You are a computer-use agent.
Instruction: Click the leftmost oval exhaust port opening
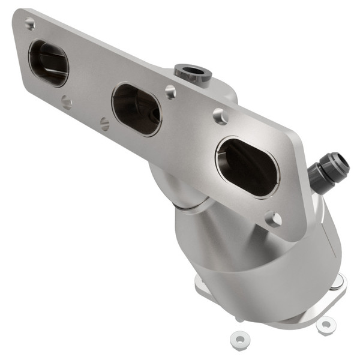coord(49,63)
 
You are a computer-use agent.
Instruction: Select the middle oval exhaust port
coord(137,109)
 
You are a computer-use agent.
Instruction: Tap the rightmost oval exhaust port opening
coord(247,167)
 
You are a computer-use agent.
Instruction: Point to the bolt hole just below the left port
coord(66,103)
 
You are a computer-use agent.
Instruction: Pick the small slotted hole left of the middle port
coord(105,124)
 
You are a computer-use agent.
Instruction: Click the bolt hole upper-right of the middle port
coord(171,92)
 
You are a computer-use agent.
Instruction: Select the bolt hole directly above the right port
coord(221,116)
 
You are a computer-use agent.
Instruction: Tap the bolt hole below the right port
coord(274,219)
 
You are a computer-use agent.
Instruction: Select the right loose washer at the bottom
coord(325,325)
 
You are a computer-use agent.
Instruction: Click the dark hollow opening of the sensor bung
coord(193,71)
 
